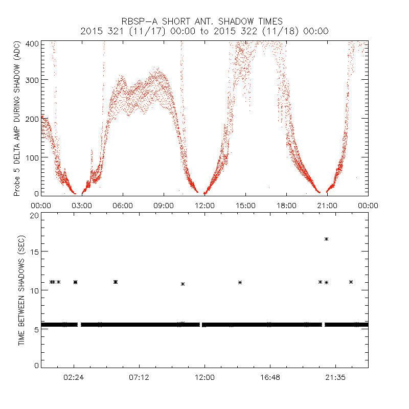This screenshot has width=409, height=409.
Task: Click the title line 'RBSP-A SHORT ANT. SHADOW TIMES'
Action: click(x=204, y=21)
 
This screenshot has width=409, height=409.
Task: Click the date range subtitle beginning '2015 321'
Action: click(x=204, y=31)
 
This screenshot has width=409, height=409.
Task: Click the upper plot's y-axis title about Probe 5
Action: click(x=17, y=118)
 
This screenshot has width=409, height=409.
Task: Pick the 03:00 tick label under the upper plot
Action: click(x=82, y=205)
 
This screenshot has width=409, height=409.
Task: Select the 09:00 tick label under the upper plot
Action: click(x=164, y=205)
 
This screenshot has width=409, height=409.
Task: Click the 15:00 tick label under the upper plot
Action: click(x=245, y=205)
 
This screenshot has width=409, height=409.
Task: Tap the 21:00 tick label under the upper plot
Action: click(x=327, y=205)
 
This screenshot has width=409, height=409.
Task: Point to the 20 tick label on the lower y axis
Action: click(x=34, y=215)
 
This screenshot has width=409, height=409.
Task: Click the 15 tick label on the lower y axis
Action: click(x=34, y=253)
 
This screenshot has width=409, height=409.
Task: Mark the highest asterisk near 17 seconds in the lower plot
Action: click(x=326, y=239)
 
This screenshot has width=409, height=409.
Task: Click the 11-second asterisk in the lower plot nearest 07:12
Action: click(x=116, y=282)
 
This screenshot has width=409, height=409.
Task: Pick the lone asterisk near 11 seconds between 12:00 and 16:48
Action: click(x=240, y=282)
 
